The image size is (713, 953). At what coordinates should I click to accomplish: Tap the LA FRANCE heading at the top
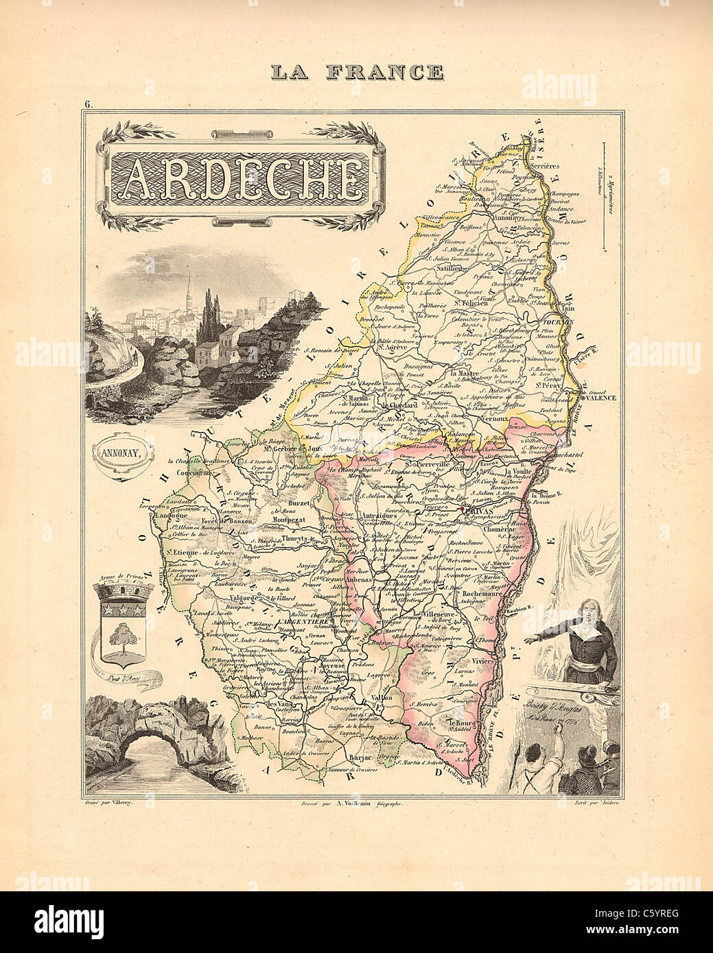click(356, 71)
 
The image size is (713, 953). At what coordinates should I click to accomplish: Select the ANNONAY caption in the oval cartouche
click(121, 453)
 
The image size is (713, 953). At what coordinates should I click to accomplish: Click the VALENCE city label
click(602, 398)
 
